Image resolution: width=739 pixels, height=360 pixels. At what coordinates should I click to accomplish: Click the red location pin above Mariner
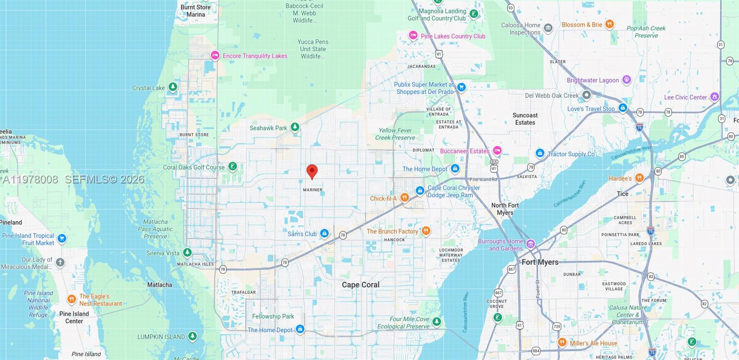312,171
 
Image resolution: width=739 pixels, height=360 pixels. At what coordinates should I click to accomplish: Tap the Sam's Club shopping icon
324,233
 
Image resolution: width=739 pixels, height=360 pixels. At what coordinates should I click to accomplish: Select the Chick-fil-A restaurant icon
404,198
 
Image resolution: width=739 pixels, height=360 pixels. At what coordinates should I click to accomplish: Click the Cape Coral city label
360,285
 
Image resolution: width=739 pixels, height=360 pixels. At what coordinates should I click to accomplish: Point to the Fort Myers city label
540,262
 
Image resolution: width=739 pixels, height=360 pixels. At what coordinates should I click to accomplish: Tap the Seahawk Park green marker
295,127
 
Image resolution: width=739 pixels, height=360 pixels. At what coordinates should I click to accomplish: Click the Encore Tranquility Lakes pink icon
215,55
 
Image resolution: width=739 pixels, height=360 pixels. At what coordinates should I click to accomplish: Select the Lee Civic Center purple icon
715,97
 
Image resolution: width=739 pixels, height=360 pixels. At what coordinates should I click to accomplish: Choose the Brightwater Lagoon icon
626,80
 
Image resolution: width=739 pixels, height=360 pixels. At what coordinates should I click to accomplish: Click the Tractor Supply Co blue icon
539,153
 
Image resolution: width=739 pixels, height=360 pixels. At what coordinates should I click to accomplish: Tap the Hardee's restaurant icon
639,178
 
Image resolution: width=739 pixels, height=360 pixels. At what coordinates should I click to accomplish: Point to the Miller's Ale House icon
562,342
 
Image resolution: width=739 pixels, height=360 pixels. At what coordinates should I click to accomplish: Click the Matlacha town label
159,285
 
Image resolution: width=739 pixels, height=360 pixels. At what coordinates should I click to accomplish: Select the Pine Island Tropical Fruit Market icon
62,238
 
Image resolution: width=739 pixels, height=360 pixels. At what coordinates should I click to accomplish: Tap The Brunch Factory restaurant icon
426,231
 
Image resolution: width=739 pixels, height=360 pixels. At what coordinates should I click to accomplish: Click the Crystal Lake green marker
172,87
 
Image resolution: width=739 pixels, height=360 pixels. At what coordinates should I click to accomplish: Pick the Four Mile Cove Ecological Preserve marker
436,321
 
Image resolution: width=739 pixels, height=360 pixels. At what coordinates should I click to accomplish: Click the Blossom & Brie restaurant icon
609,24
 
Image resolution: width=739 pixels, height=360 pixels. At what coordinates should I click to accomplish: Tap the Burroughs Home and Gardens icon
531,244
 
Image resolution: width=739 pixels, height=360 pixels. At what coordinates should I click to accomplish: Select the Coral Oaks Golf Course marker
233,166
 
